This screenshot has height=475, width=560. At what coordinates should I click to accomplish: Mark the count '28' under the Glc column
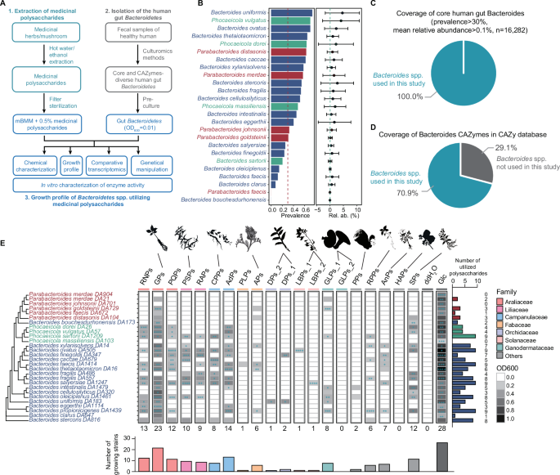click(x=442, y=428)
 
